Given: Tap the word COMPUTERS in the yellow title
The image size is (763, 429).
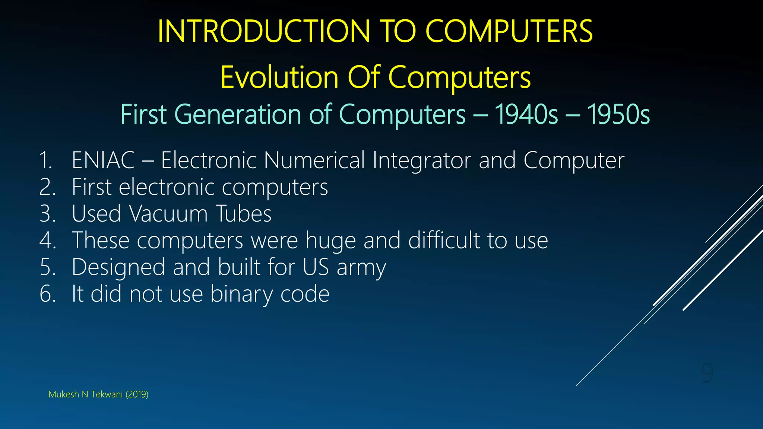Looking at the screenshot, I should (509, 31).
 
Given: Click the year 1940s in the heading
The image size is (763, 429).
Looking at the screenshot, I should (526, 114).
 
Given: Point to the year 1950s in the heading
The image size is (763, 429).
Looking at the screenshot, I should (618, 114).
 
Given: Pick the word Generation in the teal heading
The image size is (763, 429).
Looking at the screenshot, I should (238, 114).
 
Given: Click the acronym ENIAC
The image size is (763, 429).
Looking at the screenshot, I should (103, 161).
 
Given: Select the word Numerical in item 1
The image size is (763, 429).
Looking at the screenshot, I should (314, 161).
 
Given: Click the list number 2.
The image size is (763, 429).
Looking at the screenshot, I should (47, 187).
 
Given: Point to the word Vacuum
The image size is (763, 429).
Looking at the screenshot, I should (168, 214).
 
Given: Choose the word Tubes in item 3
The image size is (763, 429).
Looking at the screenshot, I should (244, 214).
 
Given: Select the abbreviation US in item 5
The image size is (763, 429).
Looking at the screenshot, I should (316, 267).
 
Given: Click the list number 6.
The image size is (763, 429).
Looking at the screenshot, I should (47, 294).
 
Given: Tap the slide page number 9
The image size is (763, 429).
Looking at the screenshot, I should (707, 372).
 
